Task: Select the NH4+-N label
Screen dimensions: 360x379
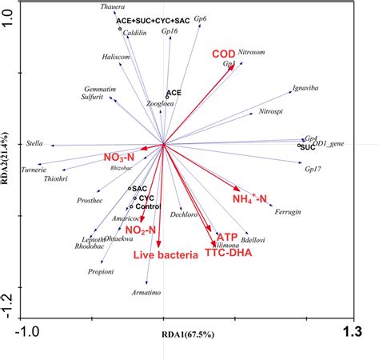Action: point(249,198)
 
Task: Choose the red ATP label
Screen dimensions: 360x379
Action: point(227,238)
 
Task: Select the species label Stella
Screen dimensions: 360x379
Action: point(34,143)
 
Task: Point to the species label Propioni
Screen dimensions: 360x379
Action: point(101,272)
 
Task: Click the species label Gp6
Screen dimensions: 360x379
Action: point(200,18)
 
